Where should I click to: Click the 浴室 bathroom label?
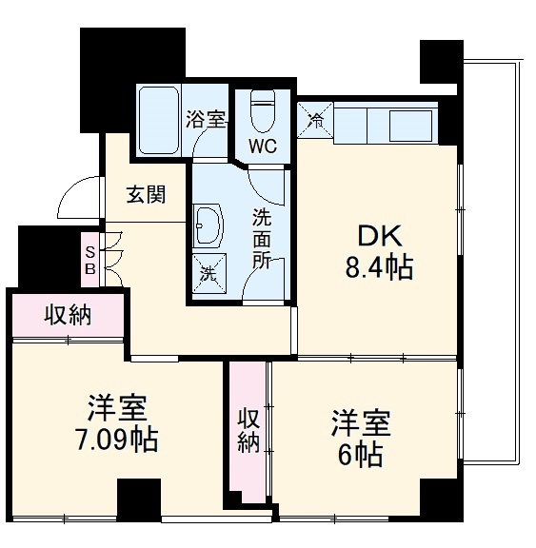[x=206, y=121]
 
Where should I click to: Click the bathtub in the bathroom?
[x=160, y=115]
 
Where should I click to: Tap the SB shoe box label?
[x=90, y=258]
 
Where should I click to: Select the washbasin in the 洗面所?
[x=208, y=227]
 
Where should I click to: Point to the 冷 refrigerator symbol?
[x=316, y=121]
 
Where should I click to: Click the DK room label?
[x=378, y=234]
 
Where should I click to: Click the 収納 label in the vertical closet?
[x=248, y=430]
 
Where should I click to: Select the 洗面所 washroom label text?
[x=262, y=240]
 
